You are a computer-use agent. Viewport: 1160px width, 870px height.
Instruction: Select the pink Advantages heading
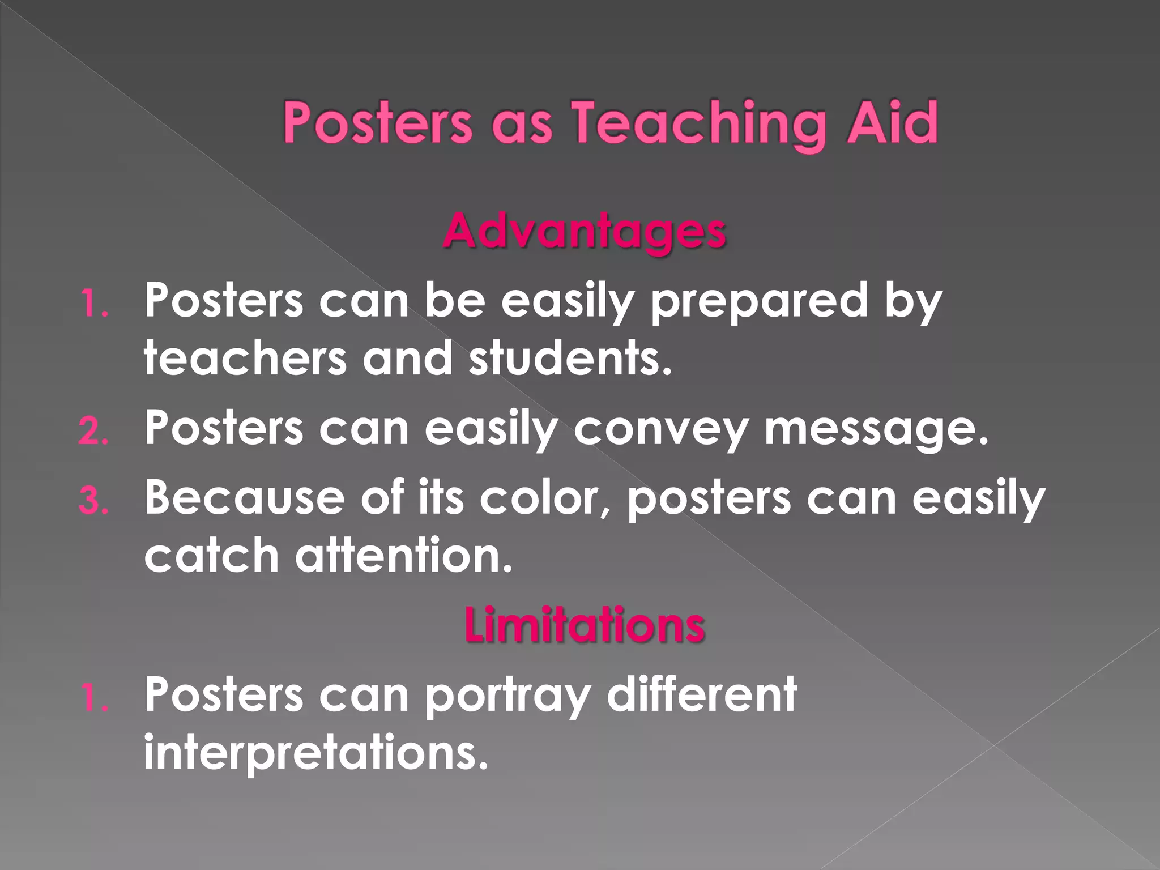(x=584, y=232)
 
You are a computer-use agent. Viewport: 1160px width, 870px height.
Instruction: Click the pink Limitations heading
(x=585, y=625)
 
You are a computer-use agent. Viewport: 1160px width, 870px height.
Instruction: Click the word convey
(x=660, y=429)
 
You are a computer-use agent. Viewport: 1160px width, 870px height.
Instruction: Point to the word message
(x=876, y=428)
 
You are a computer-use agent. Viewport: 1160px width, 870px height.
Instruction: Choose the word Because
(x=245, y=497)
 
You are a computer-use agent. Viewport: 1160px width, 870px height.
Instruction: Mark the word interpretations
(x=316, y=753)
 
